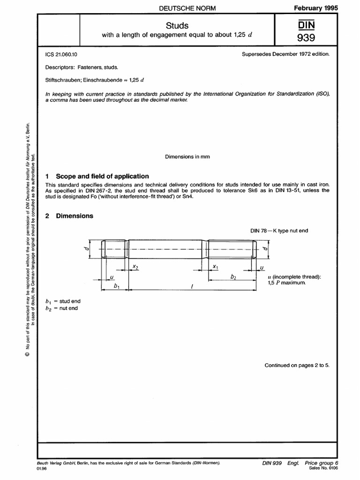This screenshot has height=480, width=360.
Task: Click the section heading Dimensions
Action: pyautogui.click(x=74, y=216)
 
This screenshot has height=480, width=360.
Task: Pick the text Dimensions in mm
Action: pyautogui.click(x=187, y=157)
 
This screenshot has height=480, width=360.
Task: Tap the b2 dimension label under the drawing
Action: pyautogui.click(x=233, y=277)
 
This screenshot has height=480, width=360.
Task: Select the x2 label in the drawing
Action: pyautogui.click(x=135, y=266)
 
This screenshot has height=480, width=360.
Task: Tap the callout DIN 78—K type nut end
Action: pyautogui.click(x=280, y=230)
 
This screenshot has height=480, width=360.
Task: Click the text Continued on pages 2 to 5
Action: pyautogui.click(x=297, y=365)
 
